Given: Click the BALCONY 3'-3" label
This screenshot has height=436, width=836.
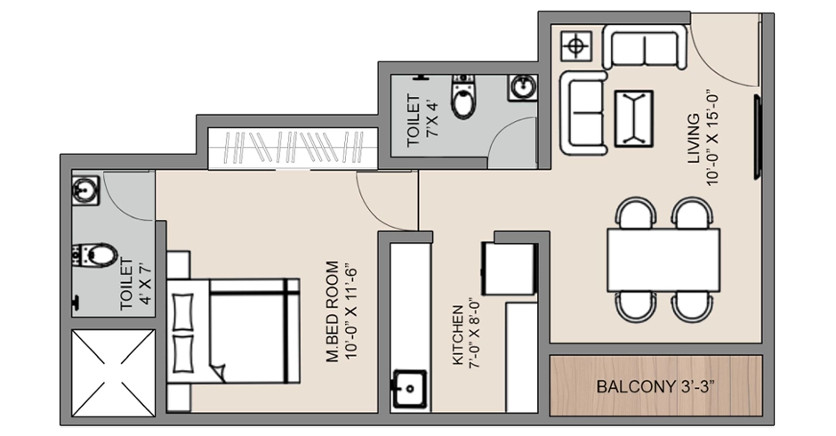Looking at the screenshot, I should [x=655, y=388].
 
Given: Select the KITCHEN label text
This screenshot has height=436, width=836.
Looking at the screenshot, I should [x=465, y=337].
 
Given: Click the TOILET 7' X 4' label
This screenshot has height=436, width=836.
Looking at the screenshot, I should [x=420, y=119].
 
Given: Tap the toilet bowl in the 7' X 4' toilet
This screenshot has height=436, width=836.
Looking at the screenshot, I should [x=463, y=99].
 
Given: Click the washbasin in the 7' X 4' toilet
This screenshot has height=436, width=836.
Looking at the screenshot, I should [x=522, y=88].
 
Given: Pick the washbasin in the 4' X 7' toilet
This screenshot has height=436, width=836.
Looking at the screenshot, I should [x=86, y=190].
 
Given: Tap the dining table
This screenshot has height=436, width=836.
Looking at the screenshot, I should [x=663, y=259].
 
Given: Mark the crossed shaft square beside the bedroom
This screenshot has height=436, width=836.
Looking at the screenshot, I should [x=113, y=371].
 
